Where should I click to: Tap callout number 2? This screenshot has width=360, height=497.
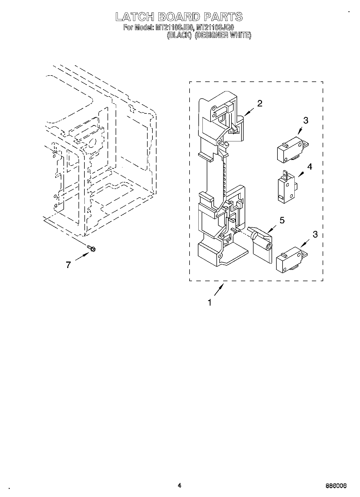click(x=260, y=103)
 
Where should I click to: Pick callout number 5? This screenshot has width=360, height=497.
click(x=282, y=220)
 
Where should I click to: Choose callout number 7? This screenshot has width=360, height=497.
click(x=68, y=265)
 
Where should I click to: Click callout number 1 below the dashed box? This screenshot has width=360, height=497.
click(x=209, y=303)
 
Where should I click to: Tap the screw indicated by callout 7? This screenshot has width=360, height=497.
click(x=92, y=249)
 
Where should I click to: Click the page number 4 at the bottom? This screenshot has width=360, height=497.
click(x=180, y=485)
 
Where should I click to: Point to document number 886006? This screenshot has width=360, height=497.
click(x=336, y=486)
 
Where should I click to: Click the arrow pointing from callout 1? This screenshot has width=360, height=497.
click(x=219, y=290)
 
